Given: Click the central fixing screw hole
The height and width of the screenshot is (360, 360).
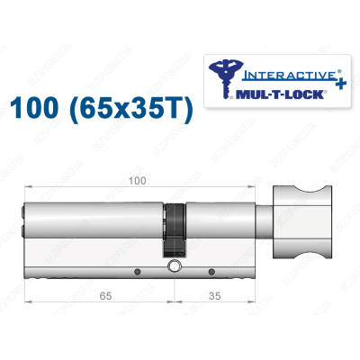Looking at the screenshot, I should click(175, 267).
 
